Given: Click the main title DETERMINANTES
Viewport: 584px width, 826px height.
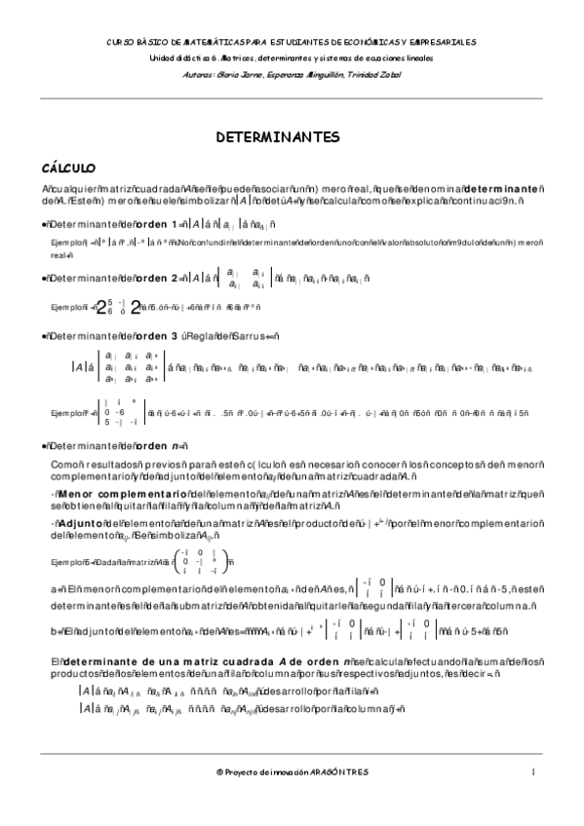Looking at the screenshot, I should point(292,136).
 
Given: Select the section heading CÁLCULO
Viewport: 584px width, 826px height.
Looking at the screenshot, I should point(59,168).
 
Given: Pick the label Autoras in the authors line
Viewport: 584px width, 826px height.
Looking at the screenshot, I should point(212,72).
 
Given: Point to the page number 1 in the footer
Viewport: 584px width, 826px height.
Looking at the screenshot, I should point(534,771).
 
